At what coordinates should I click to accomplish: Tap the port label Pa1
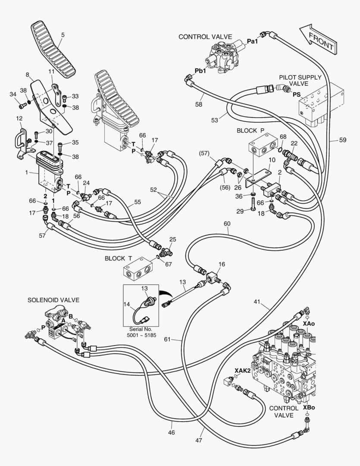(x=252, y=41)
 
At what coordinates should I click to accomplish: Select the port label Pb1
(x=200, y=70)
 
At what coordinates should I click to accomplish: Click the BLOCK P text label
(x=250, y=130)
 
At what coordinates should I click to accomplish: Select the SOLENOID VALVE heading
(x=53, y=299)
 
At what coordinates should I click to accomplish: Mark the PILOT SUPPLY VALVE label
(x=300, y=80)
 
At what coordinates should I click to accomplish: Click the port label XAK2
(x=243, y=370)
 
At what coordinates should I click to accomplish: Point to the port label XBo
(x=308, y=407)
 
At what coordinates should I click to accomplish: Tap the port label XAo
(x=309, y=323)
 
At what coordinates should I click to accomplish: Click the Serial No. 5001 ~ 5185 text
(x=144, y=332)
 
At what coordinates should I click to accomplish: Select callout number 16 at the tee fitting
(x=221, y=264)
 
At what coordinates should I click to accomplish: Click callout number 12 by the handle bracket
(x=19, y=118)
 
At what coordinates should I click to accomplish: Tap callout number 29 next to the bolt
(x=240, y=211)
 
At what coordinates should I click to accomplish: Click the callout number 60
(x=227, y=224)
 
